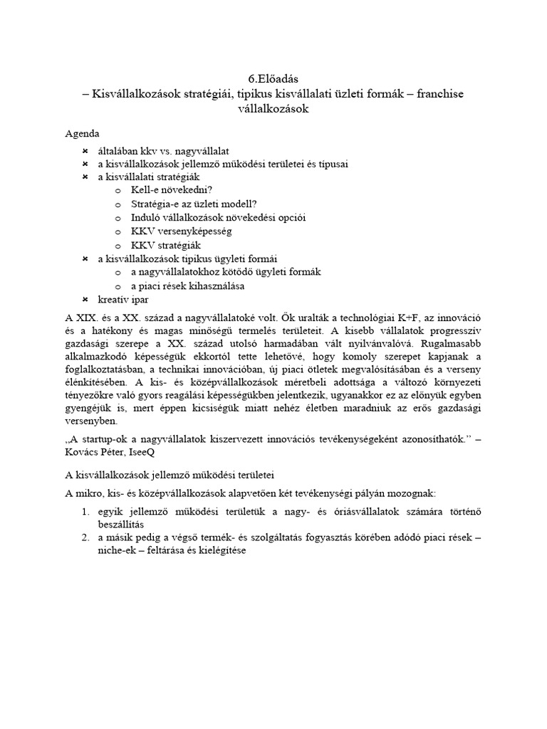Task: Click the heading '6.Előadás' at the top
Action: click(273, 80)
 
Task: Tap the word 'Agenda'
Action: click(83, 134)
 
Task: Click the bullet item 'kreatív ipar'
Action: click(123, 299)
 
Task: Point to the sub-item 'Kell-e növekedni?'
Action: click(172, 190)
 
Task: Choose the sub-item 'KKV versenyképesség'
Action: click(182, 231)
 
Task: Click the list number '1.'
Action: click(85, 511)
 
